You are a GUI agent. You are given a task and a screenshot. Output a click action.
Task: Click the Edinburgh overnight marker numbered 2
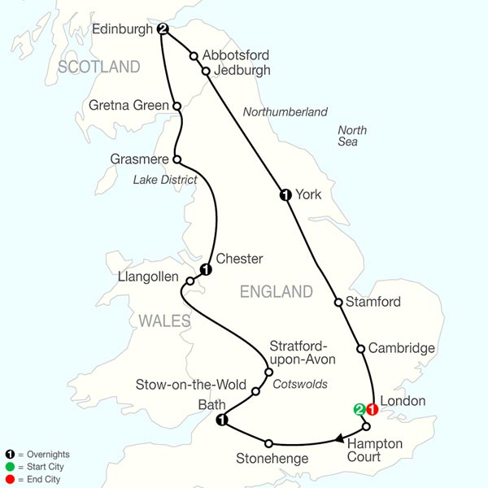[x=163, y=29]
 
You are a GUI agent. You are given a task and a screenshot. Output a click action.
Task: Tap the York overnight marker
[x=285, y=194]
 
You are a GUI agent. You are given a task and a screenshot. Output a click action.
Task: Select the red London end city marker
[x=373, y=410]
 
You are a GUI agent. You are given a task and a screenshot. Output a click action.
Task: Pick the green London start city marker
[x=358, y=410]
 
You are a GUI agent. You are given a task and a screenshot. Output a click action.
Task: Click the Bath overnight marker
[x=220, y=420]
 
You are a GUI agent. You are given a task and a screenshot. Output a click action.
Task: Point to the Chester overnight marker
[x=206, y=270]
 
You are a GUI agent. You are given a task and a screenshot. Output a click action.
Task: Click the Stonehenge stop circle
[x=268, y=443]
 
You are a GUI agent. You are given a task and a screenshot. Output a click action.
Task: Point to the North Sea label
[x=352, y=137]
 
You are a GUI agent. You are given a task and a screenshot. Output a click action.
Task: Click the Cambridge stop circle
[x=360, y=349]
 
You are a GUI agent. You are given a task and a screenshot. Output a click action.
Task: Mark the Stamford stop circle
[x=338, y=303]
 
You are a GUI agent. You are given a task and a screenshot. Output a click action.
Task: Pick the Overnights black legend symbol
[x=9, y=454]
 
